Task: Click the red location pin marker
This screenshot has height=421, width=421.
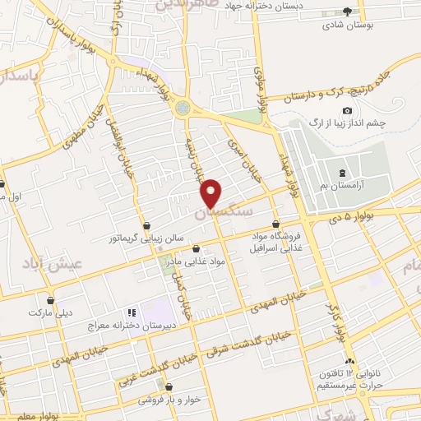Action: pyautogui.click(x=211, y=192)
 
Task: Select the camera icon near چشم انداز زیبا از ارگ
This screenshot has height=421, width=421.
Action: pyautogui.click(x=347, y=111)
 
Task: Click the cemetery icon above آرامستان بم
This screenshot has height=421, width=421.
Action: pyautogui.click(x=342, y=173)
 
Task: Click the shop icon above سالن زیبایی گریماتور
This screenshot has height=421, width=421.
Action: pyautogui.click(x=146, y=224)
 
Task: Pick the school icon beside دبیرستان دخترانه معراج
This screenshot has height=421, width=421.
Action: pyautogui.click(x=129, y=312)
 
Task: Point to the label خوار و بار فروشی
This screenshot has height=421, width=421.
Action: pyautogui.click(x=169, y=400)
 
